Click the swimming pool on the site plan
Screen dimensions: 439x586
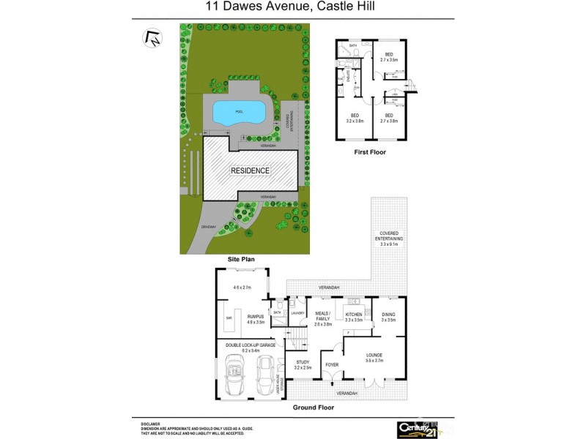238,112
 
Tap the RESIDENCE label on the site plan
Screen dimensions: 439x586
251,170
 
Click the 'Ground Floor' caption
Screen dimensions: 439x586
314,407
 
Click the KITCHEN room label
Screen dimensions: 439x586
355,315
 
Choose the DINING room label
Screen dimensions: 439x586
388,315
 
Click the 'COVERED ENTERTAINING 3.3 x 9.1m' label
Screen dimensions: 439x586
390,239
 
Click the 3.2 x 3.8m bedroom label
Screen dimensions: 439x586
355,118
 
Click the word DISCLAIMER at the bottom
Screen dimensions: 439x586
151,424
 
